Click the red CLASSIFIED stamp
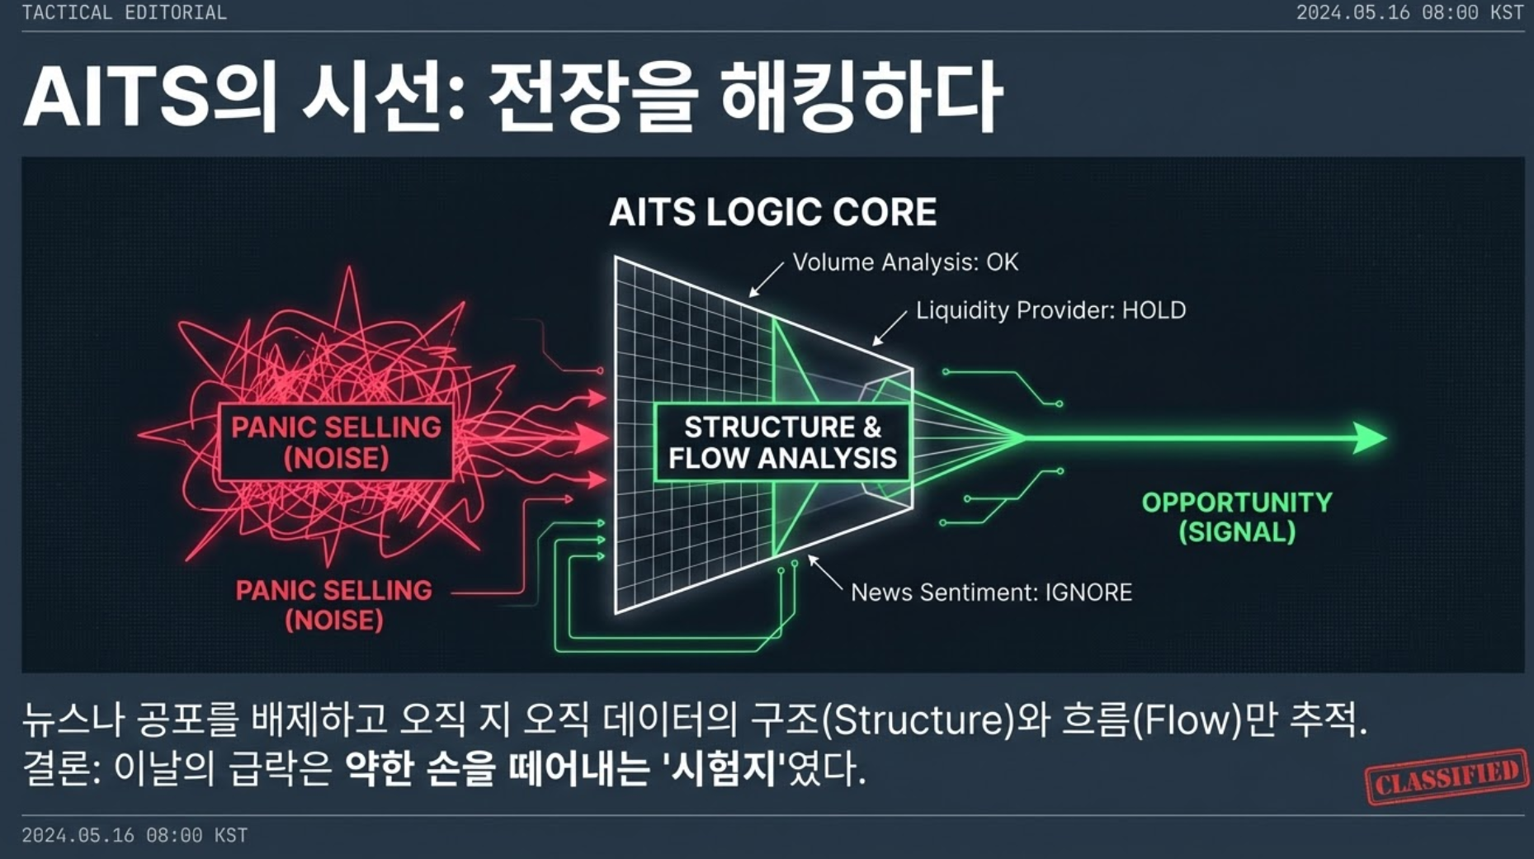point(1447,776)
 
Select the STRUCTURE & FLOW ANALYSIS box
point(781,442)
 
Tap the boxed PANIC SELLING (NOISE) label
point(336,442)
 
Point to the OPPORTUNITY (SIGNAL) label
point(1237,517)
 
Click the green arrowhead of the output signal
point(1371,437)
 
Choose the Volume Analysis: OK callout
point(905,262)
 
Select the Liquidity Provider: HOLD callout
point(1051,310)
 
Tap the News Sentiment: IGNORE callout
point(991,592)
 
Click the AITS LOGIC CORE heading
point(772,212)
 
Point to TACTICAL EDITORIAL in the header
point(124,12)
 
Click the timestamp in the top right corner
point(1409,12)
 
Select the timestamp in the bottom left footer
point(135,835)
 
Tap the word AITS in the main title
point(116,97)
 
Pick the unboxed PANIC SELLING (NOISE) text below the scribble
point(334,605)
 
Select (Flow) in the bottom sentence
point(1187,720)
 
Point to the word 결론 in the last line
point(56,769)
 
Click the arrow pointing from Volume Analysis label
point(767,279)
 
